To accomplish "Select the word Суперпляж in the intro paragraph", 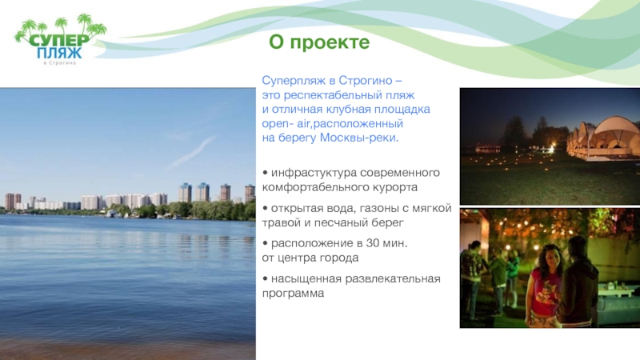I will point(292,82).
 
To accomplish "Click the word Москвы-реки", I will point(364,138).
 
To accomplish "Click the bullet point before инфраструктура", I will point(265,173).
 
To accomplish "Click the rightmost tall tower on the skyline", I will point(249,194).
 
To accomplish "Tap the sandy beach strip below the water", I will point(128,347).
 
